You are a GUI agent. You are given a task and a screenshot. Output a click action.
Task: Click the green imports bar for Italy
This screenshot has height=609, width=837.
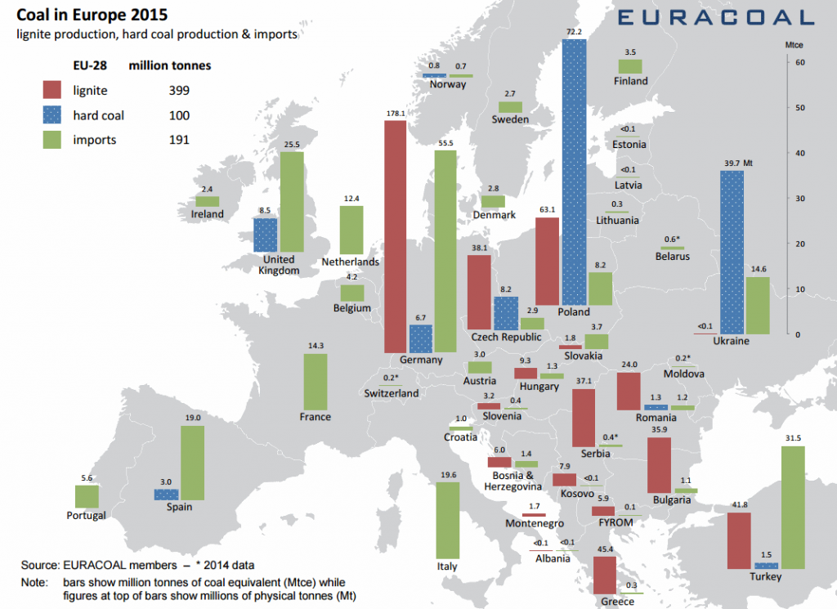[447, 520]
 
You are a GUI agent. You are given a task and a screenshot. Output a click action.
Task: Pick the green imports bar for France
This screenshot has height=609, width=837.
[315, 381]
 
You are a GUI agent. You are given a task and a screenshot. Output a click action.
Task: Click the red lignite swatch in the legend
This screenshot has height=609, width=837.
[53, 91]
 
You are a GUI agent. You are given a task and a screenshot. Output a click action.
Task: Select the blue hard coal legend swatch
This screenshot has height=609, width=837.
[53, 115]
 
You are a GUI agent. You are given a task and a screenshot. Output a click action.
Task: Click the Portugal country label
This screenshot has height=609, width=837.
[87, 516]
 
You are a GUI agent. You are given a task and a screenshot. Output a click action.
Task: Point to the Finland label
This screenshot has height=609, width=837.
[630, 81]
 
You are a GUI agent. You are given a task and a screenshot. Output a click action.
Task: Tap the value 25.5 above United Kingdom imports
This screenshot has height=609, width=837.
[292, 145]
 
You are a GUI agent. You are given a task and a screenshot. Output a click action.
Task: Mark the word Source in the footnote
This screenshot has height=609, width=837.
[38, 565]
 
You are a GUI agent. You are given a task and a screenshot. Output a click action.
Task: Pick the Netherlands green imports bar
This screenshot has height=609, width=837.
[351, 230]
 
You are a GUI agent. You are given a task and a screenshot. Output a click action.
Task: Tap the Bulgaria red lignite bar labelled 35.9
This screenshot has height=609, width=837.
[659, 464]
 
